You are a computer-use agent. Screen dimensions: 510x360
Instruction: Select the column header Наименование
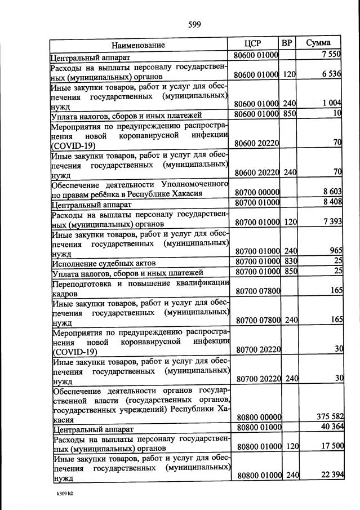pos(138,45)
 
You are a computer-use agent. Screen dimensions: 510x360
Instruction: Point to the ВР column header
pos(287,43)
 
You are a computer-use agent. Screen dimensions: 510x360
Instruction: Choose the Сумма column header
pos(318,43)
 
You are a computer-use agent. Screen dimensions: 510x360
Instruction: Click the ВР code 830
pos(290,262)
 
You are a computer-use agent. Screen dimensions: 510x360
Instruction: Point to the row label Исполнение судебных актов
pos(104,263)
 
